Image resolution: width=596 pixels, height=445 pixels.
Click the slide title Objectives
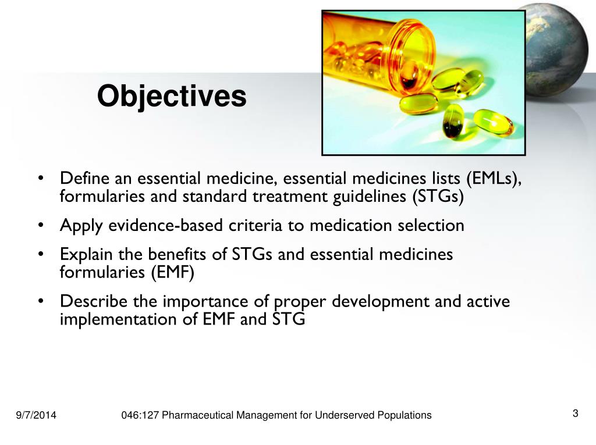click(172, 97)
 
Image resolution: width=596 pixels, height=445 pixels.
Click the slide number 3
click(575, 414)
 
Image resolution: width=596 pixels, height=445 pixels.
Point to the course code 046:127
click(140, 415)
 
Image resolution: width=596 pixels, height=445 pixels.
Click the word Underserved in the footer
click(346, 415)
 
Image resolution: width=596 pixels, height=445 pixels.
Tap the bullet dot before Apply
click(41, 226)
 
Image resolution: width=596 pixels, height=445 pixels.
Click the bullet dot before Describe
click(41, 302)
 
